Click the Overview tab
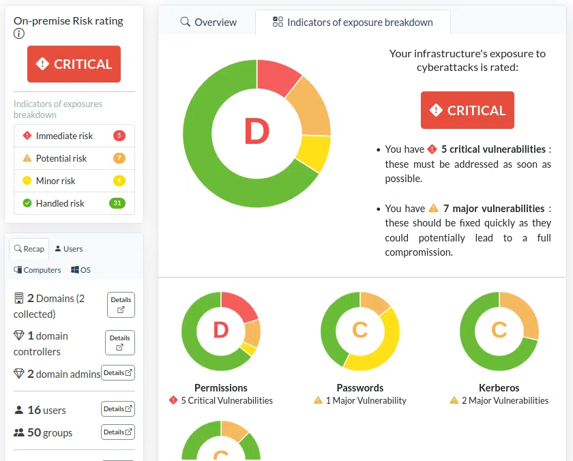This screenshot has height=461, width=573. pos(209,22)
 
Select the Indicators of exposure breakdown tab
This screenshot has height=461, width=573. pos(353,22)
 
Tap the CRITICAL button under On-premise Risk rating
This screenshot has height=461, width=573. pos(74,64)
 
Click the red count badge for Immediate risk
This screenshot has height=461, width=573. pos(119,136)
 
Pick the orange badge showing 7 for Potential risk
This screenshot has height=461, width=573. pos(119,158)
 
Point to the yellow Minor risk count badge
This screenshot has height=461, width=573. pos(119,181)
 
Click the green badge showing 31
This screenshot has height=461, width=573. pos(117,203)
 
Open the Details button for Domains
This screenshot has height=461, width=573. pos(121,304)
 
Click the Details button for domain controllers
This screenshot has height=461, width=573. pos(119,342)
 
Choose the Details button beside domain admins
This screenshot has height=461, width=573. pos(118,373)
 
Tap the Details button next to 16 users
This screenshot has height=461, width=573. pos(118,409)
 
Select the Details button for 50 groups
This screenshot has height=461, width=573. pos(118,432)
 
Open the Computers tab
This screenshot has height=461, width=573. pos(38,270)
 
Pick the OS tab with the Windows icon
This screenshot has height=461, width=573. pos(80,270)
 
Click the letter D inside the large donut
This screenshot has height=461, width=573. pos(256,132)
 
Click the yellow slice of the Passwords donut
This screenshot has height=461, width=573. pos(383,341)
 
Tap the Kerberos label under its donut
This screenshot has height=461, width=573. pos(499,387)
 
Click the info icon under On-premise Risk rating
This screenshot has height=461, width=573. pos(19,34)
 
